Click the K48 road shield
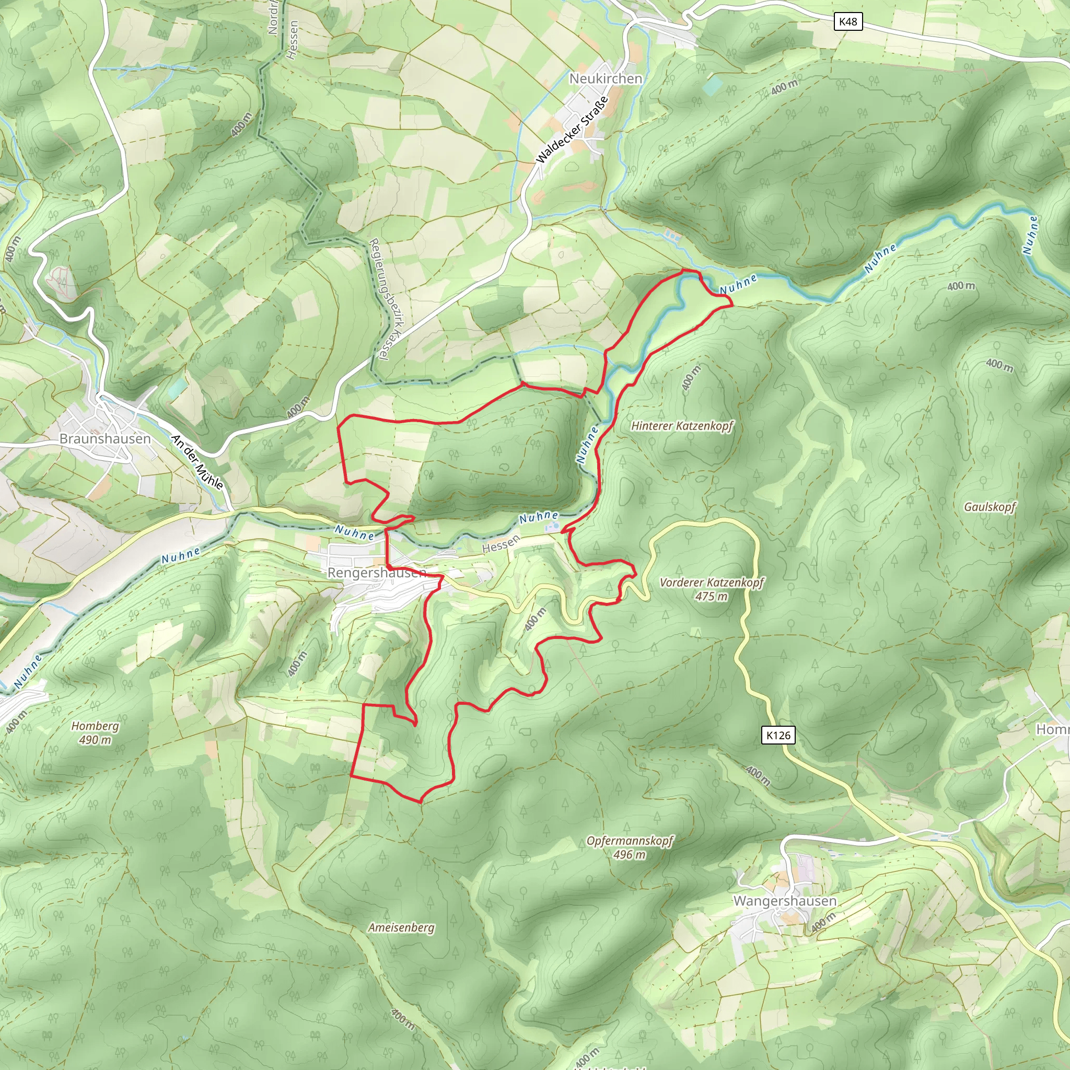point(848,21)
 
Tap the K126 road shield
point(778,735)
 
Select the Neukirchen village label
point(606,79)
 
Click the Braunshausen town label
point(105,439)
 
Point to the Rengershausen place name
point(377,573)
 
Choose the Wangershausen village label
point(785,901)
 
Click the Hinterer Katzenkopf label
point(682,426)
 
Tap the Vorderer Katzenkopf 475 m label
point(712,589)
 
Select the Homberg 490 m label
point(95,732)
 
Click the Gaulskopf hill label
point(990,507)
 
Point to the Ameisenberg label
point(402,927)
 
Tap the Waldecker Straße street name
point(572,130)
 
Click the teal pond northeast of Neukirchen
point(713,85)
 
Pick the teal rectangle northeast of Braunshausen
point(178,389)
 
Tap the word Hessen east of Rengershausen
point(501,544)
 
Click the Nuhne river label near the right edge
point(1030,235)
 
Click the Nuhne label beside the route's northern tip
point(738,284)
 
